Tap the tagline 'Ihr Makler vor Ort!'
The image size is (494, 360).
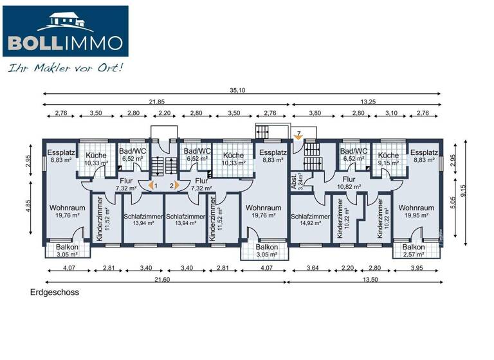(x=64, y=67)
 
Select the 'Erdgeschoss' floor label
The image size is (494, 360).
(x=54, y=292)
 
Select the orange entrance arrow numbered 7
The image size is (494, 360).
(x=297, y=136)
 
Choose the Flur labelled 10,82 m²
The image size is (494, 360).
(x=349, y=183)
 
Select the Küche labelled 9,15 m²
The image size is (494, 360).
(x=389, y=159)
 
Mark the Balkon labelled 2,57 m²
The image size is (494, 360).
(x=414, y=251)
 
